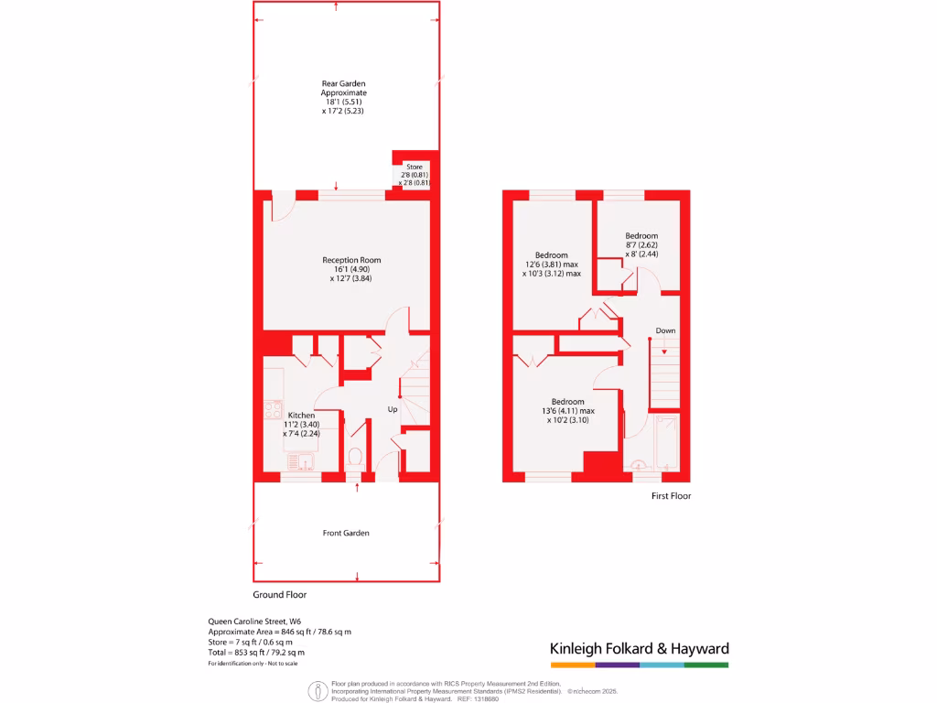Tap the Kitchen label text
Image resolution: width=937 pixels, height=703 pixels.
(300, 415)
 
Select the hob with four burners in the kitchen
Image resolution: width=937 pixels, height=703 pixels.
(273, 410)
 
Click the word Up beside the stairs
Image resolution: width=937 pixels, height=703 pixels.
(393, 408)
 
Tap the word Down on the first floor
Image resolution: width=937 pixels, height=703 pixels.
(665, 330)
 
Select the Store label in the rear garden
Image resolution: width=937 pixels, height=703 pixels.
(415, 167)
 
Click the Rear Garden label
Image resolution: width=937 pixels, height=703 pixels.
(343, 83)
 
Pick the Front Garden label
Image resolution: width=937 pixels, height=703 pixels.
(346, 533)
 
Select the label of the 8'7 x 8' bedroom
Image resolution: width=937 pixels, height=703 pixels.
(641, 236)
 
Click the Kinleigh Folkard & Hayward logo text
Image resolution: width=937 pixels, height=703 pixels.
(639, 648)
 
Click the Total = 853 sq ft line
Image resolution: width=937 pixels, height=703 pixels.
(256, 653)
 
